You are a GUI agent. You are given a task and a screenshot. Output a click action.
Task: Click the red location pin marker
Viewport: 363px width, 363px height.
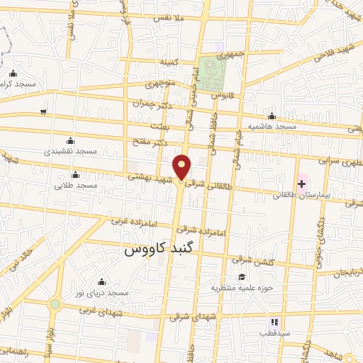[182, 167]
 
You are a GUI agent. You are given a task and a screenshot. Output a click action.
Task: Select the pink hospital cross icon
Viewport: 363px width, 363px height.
[302, 184]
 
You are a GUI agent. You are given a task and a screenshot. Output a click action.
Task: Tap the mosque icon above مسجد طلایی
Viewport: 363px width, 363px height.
[75, 174]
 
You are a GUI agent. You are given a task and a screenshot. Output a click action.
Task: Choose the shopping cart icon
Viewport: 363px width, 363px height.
[44, 112]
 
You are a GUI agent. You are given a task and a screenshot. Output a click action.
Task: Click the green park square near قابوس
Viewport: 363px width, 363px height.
[212, 73]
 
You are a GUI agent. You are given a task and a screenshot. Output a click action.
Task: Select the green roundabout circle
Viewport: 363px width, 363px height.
[55, 304]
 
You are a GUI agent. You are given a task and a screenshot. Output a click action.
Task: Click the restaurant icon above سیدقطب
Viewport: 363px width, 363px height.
[274, 322]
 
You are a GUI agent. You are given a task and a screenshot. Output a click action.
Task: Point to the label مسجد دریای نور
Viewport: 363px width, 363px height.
[103, 293]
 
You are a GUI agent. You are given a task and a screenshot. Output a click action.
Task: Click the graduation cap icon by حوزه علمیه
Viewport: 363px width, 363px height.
[242, 277]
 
